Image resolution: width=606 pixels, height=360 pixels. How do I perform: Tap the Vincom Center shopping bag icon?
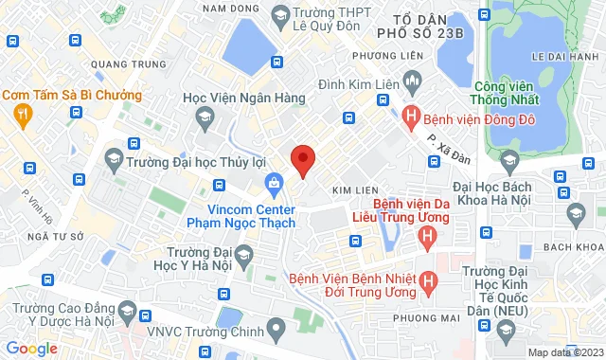pos(274,181)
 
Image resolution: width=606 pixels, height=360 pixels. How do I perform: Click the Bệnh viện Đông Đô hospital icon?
pos(410,117)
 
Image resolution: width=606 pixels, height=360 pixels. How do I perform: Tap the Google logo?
pos(31,349)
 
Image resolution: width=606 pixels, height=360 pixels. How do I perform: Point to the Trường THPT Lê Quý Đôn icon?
pos(280,14)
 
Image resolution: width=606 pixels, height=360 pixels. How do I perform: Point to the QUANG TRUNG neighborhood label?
pos(118,64)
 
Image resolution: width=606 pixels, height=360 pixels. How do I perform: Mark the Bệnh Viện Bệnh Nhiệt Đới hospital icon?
pos(428,281)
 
